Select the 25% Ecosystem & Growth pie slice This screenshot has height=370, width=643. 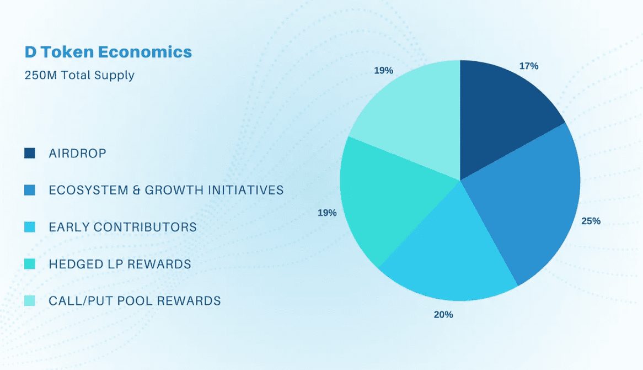point(529,204)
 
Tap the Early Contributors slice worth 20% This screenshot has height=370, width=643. point(452,254)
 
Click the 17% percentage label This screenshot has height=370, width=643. point(528,66)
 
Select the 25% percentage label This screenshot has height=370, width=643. point(591,221)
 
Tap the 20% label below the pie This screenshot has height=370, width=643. point(443,315)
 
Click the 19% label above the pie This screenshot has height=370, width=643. point(383,71)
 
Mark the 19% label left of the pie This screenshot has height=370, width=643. point(327,213)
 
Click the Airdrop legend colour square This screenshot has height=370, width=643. point(30,154)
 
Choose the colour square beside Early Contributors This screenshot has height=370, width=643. point(30,227)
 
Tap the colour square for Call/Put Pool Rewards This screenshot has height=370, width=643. point(30,301)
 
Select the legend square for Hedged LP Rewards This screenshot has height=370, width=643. point(30,264)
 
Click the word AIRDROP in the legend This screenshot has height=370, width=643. point(77,154)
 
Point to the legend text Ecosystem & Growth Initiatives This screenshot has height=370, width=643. point(166,191)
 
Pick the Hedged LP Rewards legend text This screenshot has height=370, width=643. point(120,264)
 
